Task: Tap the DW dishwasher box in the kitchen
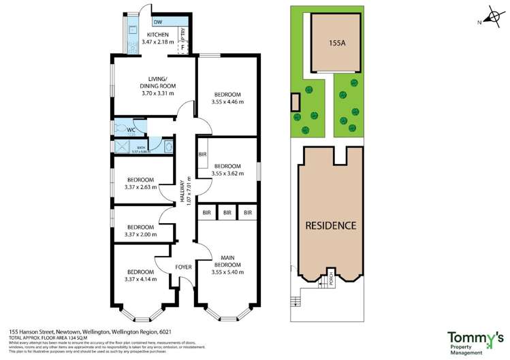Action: pos(157,22)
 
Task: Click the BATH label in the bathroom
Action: pos(141,147)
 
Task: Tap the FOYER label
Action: pos(183,267)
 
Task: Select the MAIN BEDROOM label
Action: pos(227,261)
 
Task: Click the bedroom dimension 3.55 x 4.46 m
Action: pos(227,102)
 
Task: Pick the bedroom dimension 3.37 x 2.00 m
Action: pos(140,235)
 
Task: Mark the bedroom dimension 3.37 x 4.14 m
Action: pos(140,279)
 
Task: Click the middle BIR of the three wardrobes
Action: pos(227,213)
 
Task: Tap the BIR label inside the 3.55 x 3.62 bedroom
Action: pos(202,154)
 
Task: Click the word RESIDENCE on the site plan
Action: pos(330,225)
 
